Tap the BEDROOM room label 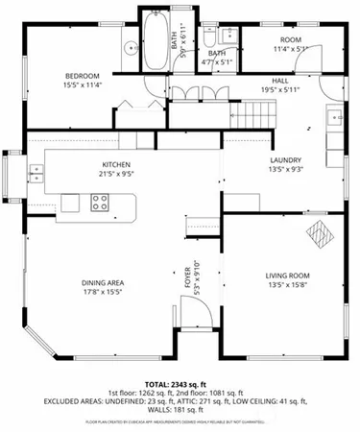coord(83,76)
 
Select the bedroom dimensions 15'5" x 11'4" coord(83,85)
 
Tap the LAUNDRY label coord(286,160)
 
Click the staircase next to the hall coord(251,113)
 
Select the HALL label coord(280,81)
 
